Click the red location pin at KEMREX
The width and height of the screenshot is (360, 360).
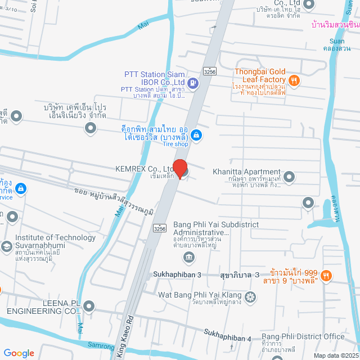point(179,169)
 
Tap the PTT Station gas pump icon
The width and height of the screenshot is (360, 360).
point(193,84)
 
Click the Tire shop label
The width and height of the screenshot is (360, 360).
point(175,144)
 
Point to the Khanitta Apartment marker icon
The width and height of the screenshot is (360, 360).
point(290,178)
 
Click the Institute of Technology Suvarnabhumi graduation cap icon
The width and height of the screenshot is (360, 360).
point(7,246)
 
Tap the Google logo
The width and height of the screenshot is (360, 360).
point(19,353)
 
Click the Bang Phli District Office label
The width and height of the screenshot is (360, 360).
point(303,336)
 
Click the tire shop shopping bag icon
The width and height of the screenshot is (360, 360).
point(196,134)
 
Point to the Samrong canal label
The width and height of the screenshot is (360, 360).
point(101,346)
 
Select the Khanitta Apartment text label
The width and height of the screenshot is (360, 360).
point(246,172)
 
